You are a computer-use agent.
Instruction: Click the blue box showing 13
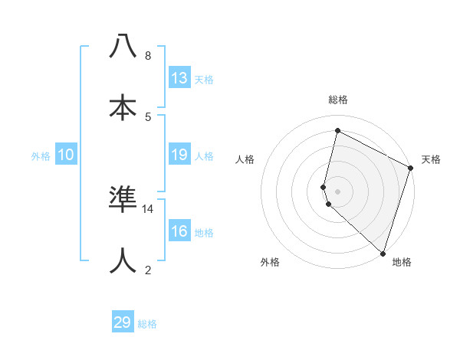[x=179, y=77]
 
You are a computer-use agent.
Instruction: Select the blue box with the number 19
[x=179, y=155]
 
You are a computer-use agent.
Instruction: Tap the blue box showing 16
[x=179, y=231]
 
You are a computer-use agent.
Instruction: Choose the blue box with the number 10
[x=66, y=155]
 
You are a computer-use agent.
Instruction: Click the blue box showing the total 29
[x=123, y=322]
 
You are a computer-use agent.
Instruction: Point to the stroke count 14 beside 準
[x=148, y=208]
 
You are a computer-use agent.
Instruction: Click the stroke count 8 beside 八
[x=147, y=55]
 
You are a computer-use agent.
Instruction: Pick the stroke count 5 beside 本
[x=147, y=116]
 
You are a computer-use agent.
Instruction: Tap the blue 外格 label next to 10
[x=41, y=156]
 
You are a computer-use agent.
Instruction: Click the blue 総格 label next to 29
[x=147, y=324]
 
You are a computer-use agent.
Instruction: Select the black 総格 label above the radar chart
[x=337, y=100]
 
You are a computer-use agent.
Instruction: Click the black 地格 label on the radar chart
[x=402, y=262]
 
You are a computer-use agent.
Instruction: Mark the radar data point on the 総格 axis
[x=337, y=131]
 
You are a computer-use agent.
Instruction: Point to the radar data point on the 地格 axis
[x=383, y=253]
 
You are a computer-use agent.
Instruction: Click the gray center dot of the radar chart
[x=337, y=191]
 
